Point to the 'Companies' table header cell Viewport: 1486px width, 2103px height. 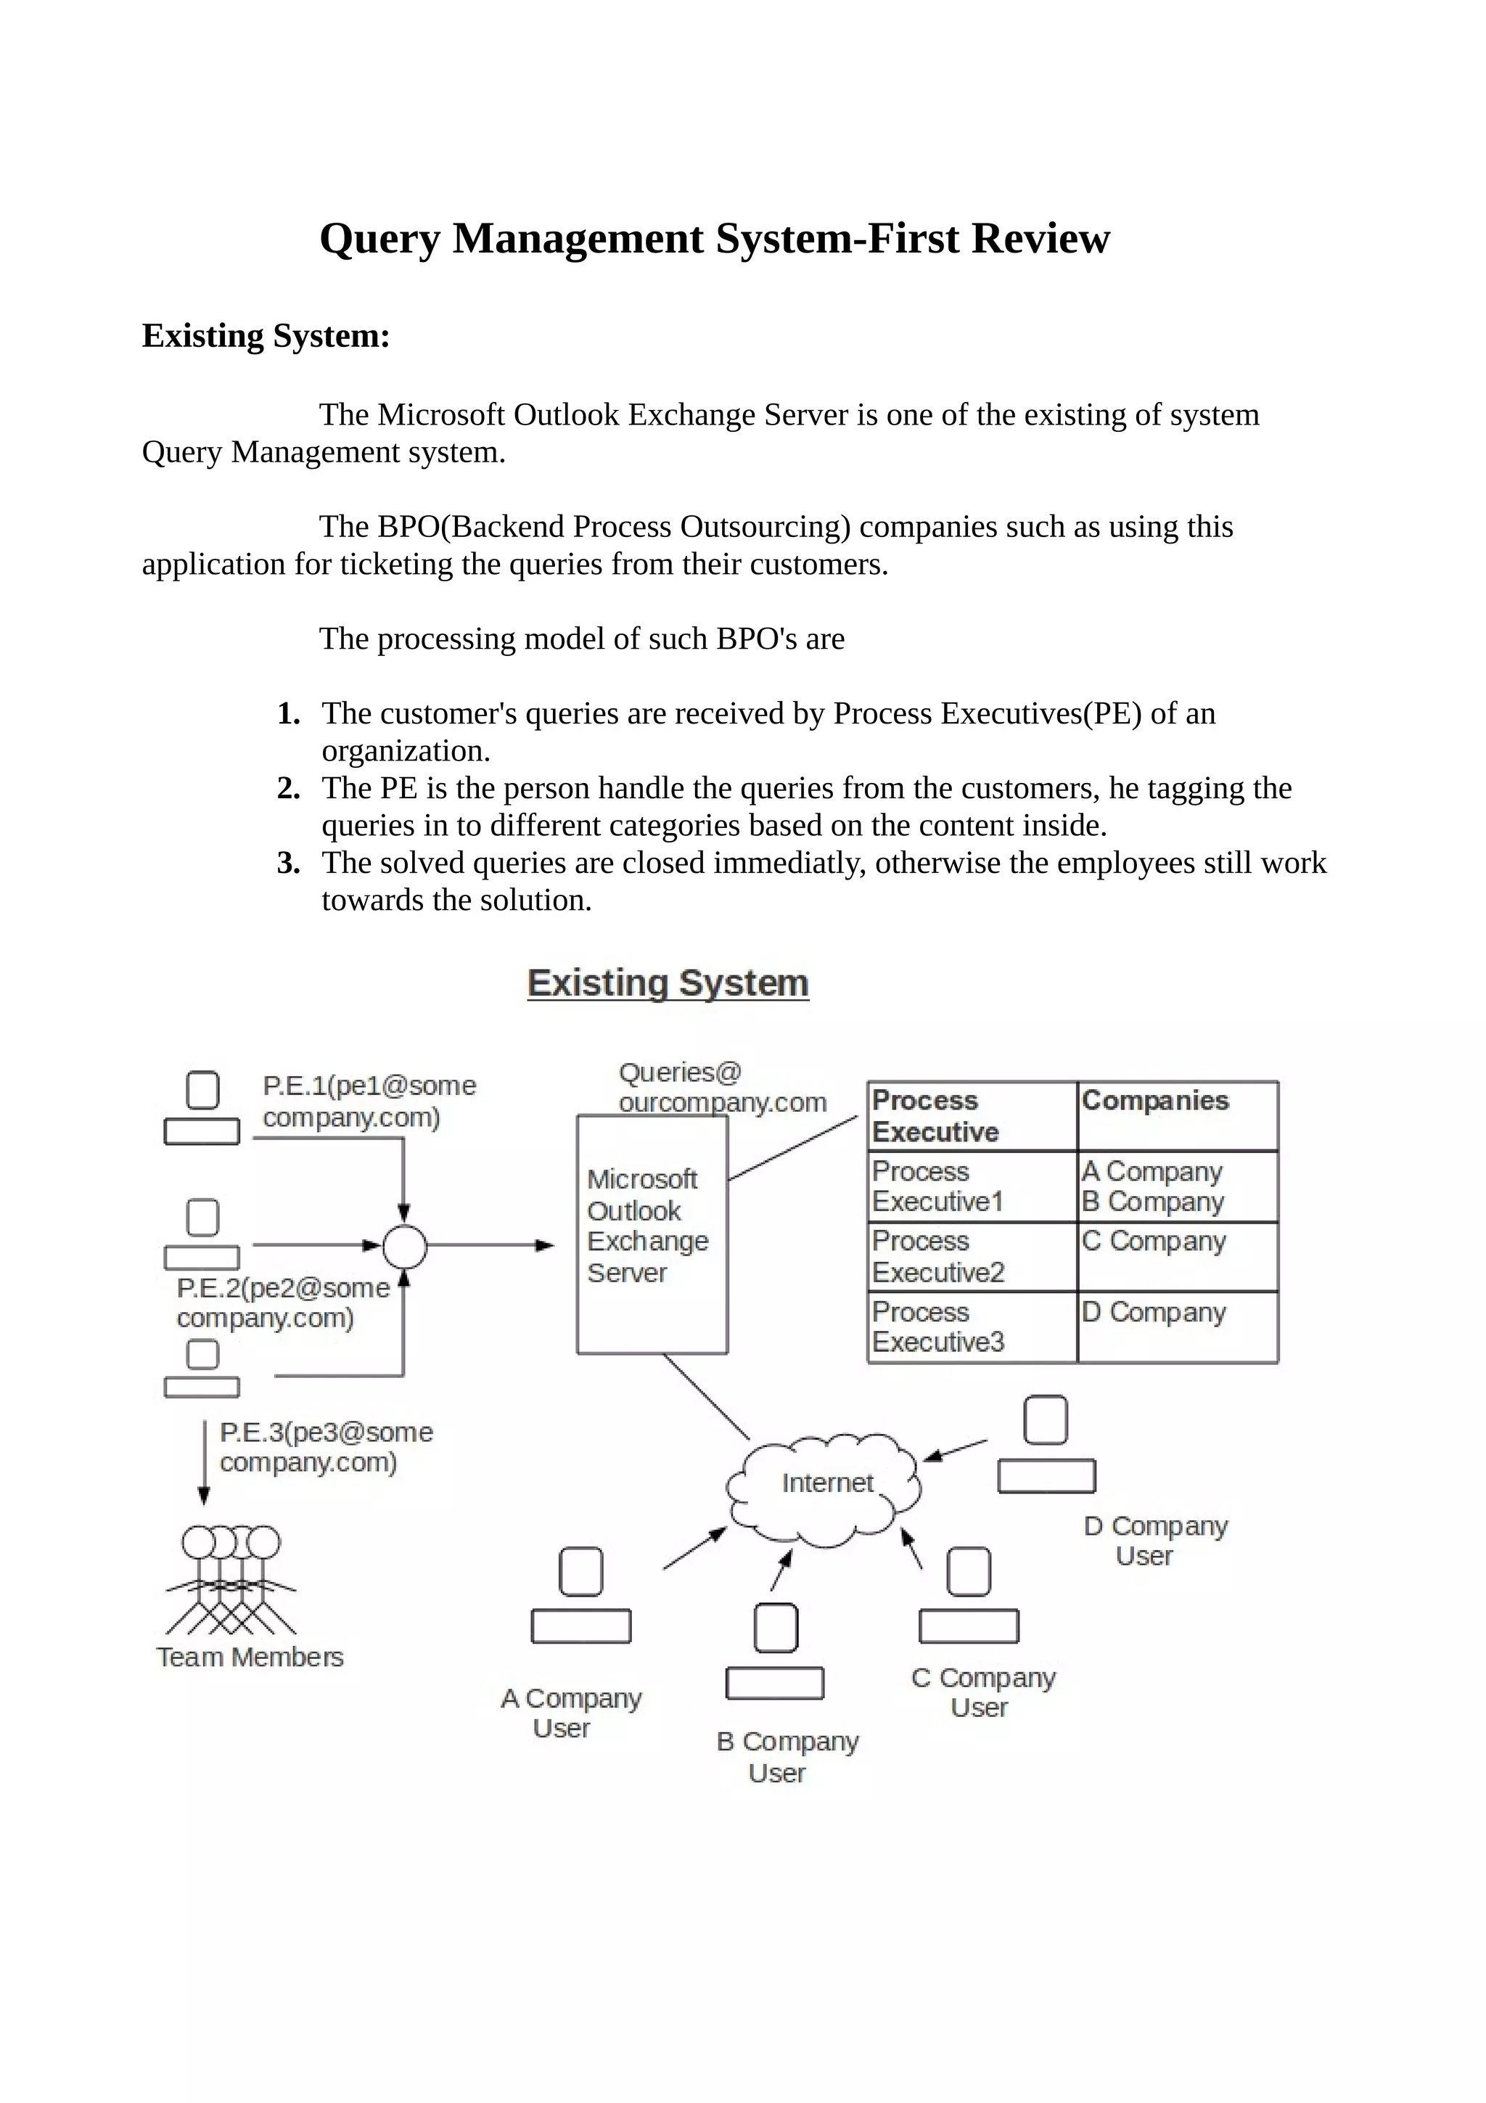pos(1176,1115)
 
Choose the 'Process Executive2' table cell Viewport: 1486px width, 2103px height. pos(971,1255)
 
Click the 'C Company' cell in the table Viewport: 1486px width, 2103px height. pos(1176,1255)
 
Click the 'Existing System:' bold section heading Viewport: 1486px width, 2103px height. pos(266,335)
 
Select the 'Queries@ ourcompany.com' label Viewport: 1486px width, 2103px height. pos(721,1087)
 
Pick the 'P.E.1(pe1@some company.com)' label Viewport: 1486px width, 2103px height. pos(369,1101)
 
